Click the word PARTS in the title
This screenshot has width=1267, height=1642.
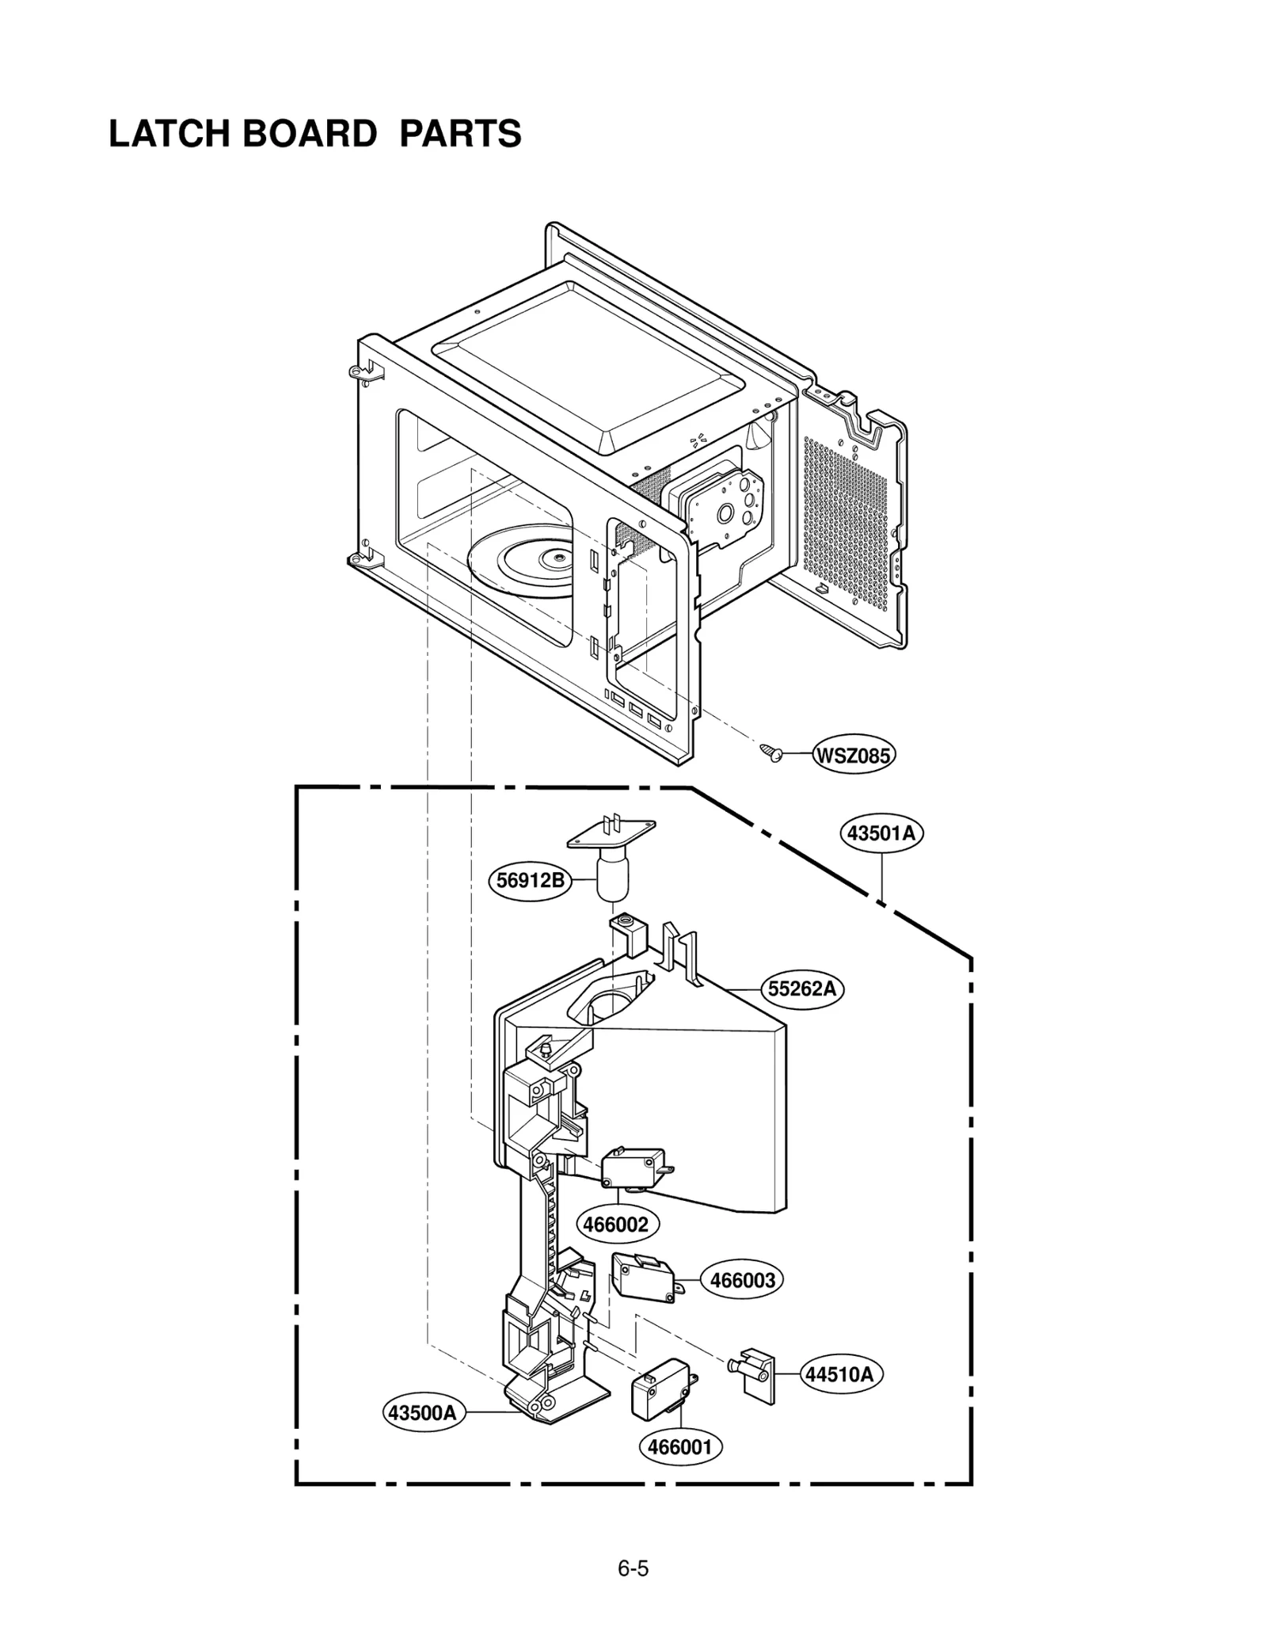pyautogui.click(x=460, y=134)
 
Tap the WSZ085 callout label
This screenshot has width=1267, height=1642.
pyautogui.click(x=853, y=756)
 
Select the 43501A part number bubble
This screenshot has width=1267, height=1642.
pyautogui.click(x=881, y=833)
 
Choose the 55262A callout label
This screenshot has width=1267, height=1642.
pyautogui.click(x=802, y=989)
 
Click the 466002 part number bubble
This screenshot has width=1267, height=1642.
pyautogui.click(x=615, y=1224)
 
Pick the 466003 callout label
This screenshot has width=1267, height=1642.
pyautogui.click(x=742, y=1281)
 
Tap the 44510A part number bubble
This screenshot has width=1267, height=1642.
pyautogui.click(x=839, y=1374)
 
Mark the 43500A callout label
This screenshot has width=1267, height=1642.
pyautogui.click(x=424, y=1412)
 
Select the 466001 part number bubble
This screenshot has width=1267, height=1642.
pyautogui.click(x=679, y=1447)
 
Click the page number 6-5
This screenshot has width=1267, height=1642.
pyautogui.click(x=633, y=1568)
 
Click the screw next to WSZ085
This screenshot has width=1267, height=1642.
pyautogui.click(x=770, y=752)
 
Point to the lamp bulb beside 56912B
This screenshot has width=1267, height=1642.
pyautogui.click(x=610, y=878)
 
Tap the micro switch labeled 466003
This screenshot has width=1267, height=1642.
pyautogui.click(x=642, y=1279)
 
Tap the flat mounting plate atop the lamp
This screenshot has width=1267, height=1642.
pyautogui.click(x=611, y=831)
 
